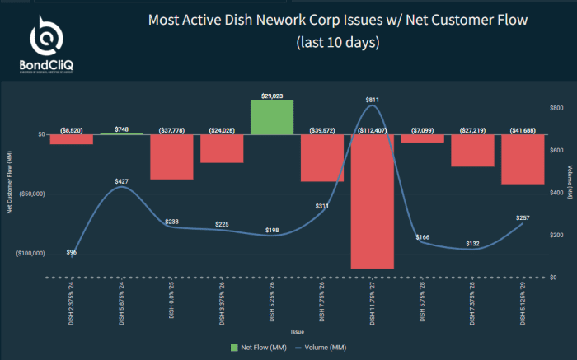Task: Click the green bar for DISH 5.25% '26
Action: point(272,117)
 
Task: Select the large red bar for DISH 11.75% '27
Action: point(373,201)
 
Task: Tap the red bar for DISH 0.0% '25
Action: point(171,157)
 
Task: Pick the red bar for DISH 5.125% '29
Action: point(523,159)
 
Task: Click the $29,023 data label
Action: point(272,96)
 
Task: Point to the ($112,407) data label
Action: point(373,129)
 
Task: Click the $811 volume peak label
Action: point(373,100)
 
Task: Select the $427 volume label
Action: point(121,180)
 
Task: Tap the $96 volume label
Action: point(72,252)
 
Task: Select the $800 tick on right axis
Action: point(556,108)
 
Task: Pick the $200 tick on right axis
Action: point(556,235)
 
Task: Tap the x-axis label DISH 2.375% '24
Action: point(72,302)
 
